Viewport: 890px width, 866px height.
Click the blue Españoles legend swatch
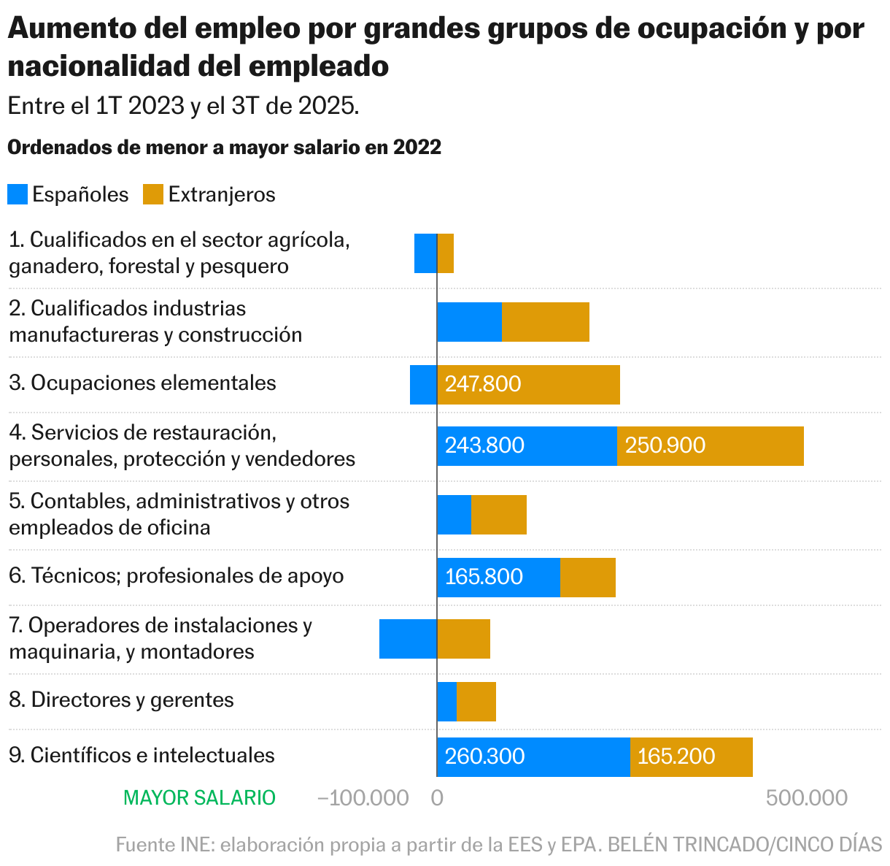(18, 194)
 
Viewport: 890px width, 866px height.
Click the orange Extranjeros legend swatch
(152, 194)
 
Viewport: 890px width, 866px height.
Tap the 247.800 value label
(483, 384)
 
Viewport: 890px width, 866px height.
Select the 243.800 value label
(484, 445)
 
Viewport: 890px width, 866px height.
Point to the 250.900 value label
(665, 445)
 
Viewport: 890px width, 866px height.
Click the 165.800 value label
(484, 577)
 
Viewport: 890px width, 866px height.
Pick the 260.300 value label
(484, 756)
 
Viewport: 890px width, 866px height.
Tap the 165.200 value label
(676, 756)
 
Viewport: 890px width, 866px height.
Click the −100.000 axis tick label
(363, 798)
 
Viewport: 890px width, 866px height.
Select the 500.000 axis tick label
(807, 798)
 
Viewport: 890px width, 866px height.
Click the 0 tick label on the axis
(437, 798)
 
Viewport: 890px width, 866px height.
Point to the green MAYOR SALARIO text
(200, 798)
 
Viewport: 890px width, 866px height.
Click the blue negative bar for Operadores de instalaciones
(408, 639)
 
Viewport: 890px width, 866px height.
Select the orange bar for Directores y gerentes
(476, 702)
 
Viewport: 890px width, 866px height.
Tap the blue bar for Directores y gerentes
(446, 702)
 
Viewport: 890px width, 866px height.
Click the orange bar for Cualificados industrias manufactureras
(546, 322)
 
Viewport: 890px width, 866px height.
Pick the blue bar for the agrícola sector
(425, 253)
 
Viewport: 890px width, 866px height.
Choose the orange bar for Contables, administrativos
(499, 515)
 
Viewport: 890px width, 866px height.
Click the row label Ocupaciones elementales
(143, 383)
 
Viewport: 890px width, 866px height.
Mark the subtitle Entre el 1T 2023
(183, 106)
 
